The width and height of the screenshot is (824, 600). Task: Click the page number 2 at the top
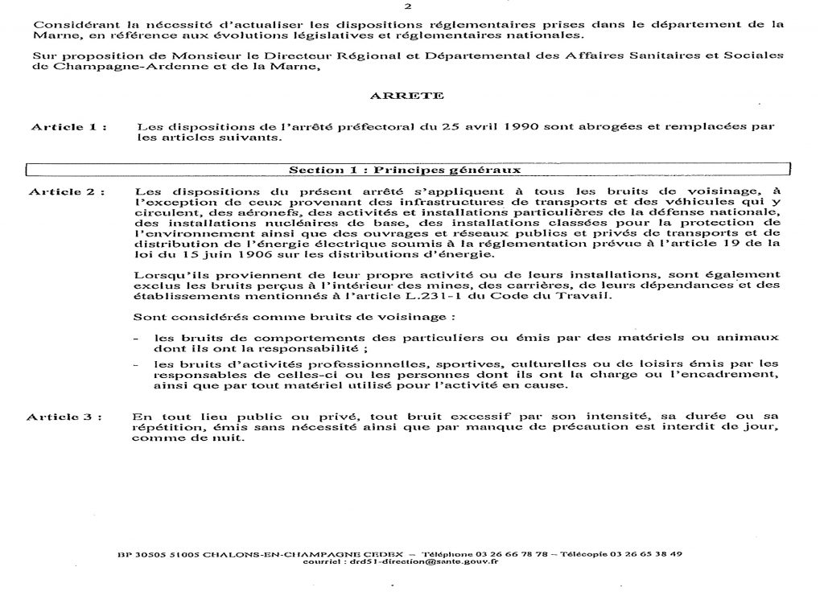coord(409,6)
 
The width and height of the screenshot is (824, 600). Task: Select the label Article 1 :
coord(69,127)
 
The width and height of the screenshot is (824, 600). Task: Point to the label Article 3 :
coord(66,417)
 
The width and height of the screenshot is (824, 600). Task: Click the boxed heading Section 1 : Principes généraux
coord(405,171)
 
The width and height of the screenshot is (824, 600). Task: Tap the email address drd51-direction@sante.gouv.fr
coord(438,562)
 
